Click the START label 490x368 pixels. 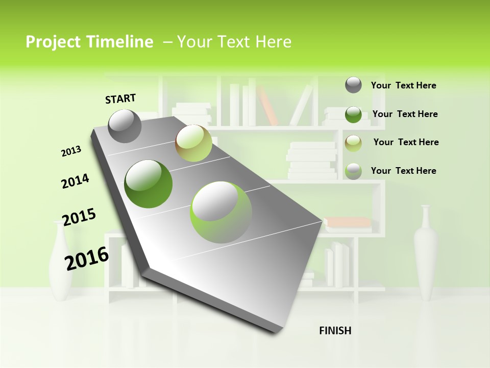coord(120,98)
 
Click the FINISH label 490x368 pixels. coord(335,331)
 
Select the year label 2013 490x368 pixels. coord(71,151)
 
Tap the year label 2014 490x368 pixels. coord(75,181)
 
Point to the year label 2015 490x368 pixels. coord(79,217)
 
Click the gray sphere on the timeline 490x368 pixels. coord(125,126)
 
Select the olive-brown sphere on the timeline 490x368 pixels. coord(193,143)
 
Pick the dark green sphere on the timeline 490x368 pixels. coord(149,184)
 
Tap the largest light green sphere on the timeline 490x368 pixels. coord(221,212)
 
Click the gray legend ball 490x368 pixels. coord(353,85)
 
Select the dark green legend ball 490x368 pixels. coord(353,114)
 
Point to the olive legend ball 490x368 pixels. coord(353,143)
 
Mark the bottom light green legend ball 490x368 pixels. coord(353,171)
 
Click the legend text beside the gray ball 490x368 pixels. coord(403,85)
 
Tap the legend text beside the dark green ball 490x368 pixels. coord(405,114)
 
